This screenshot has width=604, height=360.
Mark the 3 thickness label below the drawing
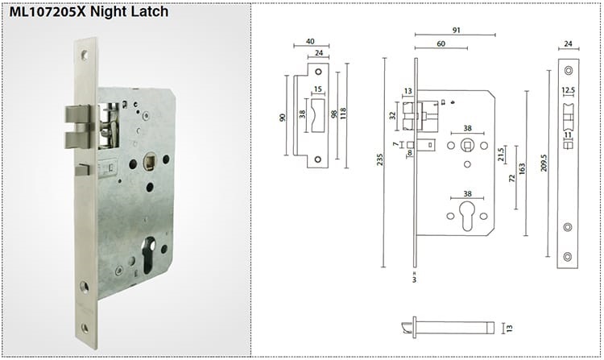tap(414, 281)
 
